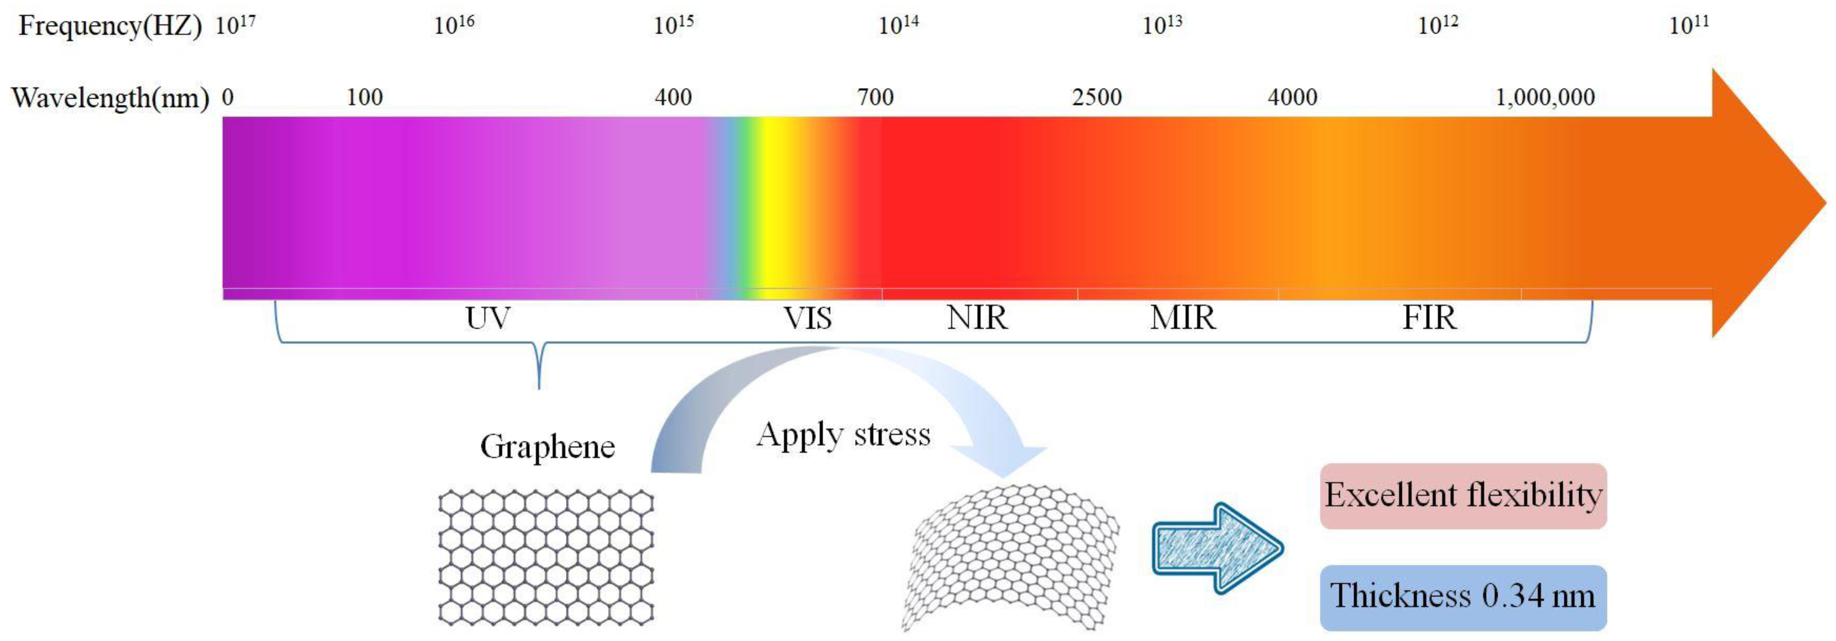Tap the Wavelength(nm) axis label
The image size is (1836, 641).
(111, 98)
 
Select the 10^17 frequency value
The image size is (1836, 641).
(235, 25)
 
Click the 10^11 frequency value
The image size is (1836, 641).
(1689, 25)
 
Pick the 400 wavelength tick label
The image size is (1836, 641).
(673, 97)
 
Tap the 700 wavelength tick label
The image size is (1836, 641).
(875, 97)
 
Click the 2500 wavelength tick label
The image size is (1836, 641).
(1097, 97)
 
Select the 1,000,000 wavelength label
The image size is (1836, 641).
(1545, 97)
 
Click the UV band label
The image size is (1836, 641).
(488, 318)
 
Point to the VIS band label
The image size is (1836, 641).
(807, 318)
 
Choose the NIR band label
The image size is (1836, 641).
(977, 318)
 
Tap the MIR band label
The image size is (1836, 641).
(1183, 318)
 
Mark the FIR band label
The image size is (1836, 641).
(1429, 318)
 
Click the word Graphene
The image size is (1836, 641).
(547, 447)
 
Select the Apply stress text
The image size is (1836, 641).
(843, 435)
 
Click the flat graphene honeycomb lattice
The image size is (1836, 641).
(546, 557)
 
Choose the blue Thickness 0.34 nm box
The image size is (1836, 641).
(1463, 597)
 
